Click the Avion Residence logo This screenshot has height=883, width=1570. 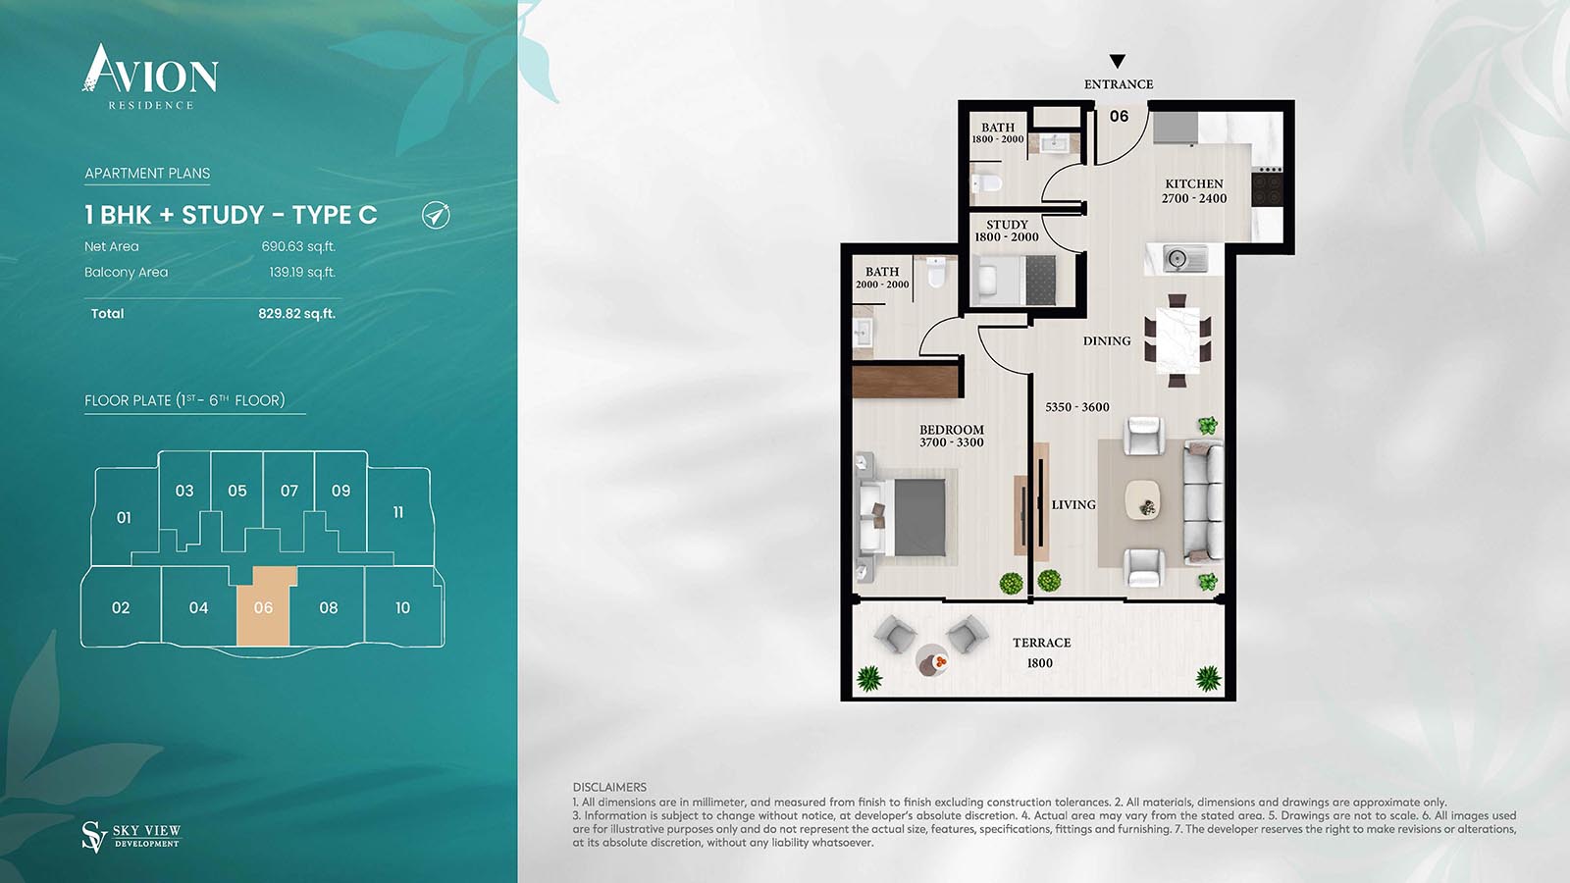tap(149, 77)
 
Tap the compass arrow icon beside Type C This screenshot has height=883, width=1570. tap(436, 215)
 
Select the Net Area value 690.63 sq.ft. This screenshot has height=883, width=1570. tap(298, 246)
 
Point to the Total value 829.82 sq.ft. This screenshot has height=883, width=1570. tap(296, 313)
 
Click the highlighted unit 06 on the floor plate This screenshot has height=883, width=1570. tap(264, 607)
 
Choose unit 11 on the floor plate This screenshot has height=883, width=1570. tap(398, 512)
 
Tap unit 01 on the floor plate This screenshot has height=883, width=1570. tap(124, 517)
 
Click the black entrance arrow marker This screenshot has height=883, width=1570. tap(1118, 62)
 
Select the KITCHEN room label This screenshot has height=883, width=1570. tap(1193, 184)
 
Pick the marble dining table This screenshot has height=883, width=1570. tap(1177, 340)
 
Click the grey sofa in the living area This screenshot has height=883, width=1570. tap(1203, 499)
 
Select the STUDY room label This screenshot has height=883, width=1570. tap(1007, 225)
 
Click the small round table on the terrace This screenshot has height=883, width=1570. tap(931, 661)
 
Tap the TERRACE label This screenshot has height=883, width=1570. tap(1041, 643)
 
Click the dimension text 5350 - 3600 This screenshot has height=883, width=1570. tap(1077, 407)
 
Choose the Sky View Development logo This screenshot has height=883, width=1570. tap(131, 837)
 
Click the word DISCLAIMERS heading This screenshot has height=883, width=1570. tap(609, 788)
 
